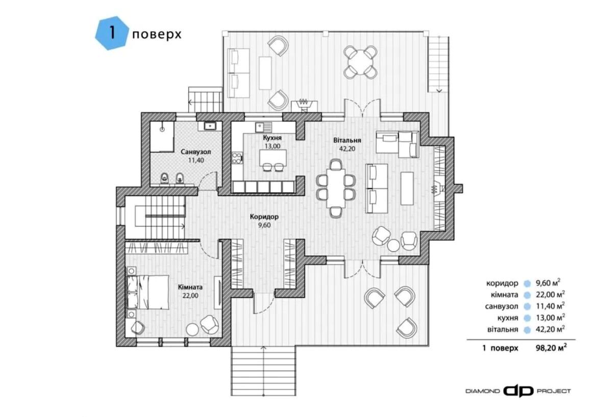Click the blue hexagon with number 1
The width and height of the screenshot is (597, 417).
pos(112,33)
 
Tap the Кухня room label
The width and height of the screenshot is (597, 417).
pos(272,138)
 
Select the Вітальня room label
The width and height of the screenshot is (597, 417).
pos(347,140)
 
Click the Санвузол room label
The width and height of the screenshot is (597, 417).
pos(196,152)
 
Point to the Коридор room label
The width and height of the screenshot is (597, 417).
pos(264,217)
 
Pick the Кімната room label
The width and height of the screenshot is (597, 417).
pos(190,287)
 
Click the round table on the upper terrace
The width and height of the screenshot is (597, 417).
pos(360,61)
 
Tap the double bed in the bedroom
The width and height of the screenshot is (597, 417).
pos(147,292)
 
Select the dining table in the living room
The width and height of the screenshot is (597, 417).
pos(336,188)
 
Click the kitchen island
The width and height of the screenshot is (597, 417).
pos(272,158)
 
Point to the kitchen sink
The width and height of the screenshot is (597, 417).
pos(263,127)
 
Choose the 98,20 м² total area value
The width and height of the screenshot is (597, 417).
pos(551,347)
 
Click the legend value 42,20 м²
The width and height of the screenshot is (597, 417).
pos(550,329)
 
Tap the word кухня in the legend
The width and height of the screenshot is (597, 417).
pos(508,318)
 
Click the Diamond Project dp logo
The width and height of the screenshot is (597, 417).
pos(518,391)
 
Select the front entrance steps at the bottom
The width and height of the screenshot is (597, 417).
pos(263,371)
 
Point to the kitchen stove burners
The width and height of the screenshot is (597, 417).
pos(237,158)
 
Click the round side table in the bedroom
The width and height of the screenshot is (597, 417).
pos(192,329)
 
